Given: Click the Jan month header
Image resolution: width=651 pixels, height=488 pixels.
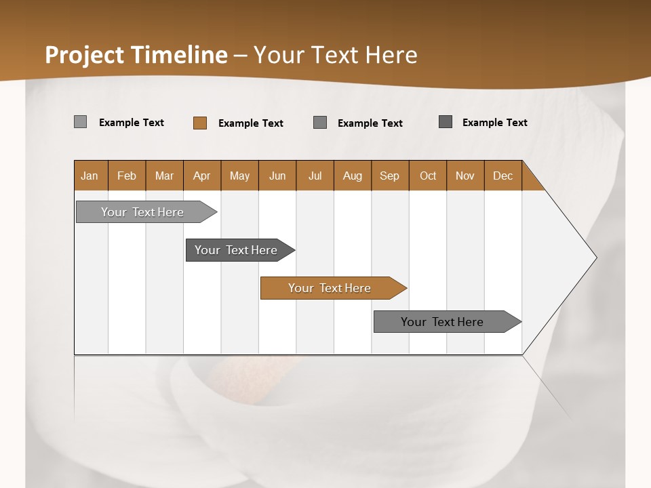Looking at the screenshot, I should point(90,176).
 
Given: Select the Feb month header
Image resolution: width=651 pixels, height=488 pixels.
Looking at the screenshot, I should point(127,176).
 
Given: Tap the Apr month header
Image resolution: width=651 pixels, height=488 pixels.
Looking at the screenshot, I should point(202,176).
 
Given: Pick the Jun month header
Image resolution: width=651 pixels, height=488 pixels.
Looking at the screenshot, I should point(277,176).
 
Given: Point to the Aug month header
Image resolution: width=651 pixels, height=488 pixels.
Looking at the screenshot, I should point(353,176).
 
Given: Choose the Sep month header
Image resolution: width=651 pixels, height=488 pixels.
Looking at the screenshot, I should point(390,176).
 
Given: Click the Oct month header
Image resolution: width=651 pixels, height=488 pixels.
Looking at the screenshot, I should point(428,176).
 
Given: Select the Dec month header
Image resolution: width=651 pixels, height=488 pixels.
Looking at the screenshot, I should point(503,176).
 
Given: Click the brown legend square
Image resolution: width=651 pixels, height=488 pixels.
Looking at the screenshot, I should point(200,123).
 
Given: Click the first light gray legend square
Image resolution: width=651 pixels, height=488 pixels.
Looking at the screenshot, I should point(81,122).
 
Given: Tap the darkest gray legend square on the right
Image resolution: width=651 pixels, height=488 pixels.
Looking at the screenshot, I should point(446,122).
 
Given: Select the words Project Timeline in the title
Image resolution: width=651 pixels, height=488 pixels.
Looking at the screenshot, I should point(136,55).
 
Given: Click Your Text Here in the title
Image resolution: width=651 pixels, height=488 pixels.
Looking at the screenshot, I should point(336,55).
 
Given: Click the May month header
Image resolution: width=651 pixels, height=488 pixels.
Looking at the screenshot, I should point(239,176).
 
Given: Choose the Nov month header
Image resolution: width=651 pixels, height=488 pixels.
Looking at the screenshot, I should point(465,176).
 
